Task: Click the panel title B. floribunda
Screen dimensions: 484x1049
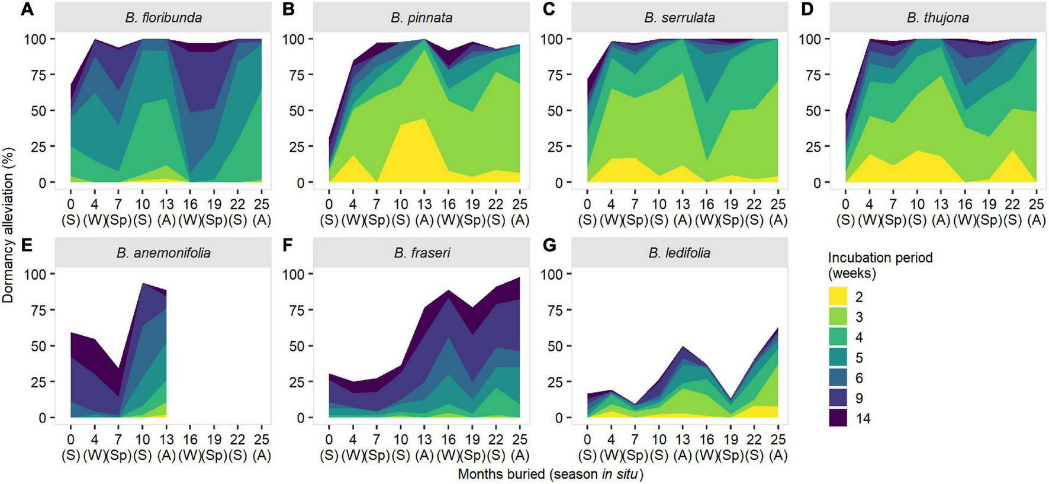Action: (x=163, y=18)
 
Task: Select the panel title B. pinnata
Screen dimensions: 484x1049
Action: (x=421, y=18)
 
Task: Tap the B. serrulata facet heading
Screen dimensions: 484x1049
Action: (x=680, y=18)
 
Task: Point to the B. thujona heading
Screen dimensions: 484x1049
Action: (x=938, y=18)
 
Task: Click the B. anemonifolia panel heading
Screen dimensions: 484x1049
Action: (x=163, y=253)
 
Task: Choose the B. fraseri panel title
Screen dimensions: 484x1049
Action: (x=421, y=253)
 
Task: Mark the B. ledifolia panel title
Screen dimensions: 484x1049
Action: (x=680, y=253)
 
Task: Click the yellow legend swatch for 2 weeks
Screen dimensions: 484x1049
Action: (x=838, y=297)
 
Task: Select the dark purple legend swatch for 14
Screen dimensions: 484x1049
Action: (x=838, y=418)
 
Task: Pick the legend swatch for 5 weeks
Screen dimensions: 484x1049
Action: (x=838, y=358)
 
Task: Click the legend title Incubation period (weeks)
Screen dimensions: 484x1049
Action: (x=880, y=265)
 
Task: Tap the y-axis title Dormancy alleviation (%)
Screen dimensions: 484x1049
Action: (x=8, y=225)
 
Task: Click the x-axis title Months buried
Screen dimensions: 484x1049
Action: (x=550, y=475)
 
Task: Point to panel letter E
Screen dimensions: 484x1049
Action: (x=27, y=245)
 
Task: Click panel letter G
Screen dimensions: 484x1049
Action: (x=549, y=245)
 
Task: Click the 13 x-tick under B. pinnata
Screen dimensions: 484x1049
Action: (x=424, y=204)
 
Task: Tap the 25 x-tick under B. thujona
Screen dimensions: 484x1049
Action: (x=1036, y=204)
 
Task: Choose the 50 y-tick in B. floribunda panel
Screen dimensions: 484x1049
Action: (x=37, y=111)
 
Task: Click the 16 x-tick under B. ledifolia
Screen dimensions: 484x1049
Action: (x=707, y=440)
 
